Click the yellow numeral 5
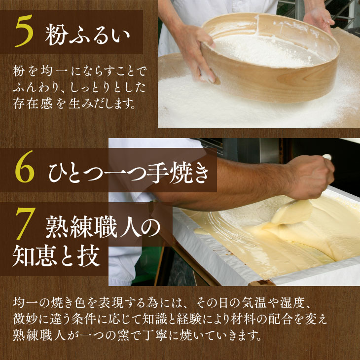pyautogui.click(x=24, y=31)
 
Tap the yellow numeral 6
pyautogui.click(x=25, y=167)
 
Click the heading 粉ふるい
pyautogui.click(x=87, y=35)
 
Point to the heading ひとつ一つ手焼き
pyautogui.click(x=129, y=173)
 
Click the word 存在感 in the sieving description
pyautogui.click(x=33, y=104)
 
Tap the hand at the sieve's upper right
pyautogui.click(x=320, y=20)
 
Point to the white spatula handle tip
pyautogui.click(x=327, y=157)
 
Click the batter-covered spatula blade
pyautogui.click(x=291, y=212)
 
